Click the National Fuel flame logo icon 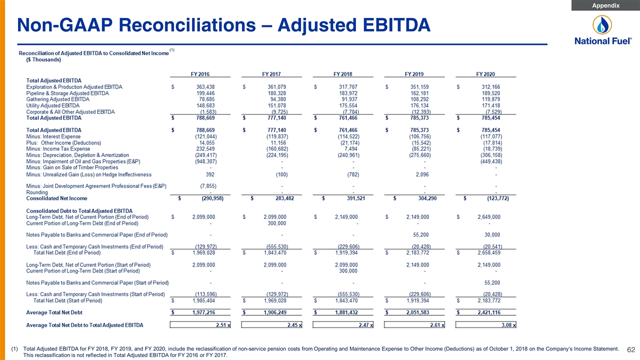coord(602,24)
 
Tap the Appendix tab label coord(605,5)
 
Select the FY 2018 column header coord(342,74)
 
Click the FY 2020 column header coord(485,74)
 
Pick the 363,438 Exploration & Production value coord(205,87)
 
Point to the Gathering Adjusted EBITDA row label coord(57,99)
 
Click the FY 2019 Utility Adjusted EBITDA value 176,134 coord(419,105)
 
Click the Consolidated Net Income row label coord(56,198)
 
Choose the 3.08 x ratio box coord(485,325)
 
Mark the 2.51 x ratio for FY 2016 coord(223,325)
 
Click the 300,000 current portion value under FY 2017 coord(276,223)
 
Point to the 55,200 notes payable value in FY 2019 coord(421,235)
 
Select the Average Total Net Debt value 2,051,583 coord(417,312)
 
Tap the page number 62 coord(631,349)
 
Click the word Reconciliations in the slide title coord(187,25)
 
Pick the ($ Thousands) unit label coord(43,59)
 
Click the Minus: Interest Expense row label coord(53,136)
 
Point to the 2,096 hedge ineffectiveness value coord(422,174)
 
